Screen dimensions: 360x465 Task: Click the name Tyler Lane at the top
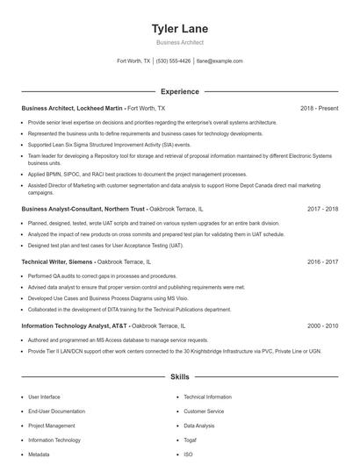(x=179, y=29)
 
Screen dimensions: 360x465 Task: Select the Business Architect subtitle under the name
(x=179, y=42)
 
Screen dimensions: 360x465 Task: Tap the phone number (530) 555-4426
(x=174, y=61)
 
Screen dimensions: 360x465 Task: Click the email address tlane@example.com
(x=220, y=61)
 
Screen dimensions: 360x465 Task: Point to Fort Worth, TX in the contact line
(x=133, y=61)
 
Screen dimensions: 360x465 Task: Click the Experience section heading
(x=179, y=91)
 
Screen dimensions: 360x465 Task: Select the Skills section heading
(x=179, y=377)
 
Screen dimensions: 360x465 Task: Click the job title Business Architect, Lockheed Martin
(x=73, y=108)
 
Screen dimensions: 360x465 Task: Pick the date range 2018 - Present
(x=319, y=108)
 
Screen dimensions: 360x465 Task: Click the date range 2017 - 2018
(x=322, y=210)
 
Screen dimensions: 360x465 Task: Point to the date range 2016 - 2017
(x=322, y=261)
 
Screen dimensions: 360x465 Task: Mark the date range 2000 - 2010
(x=322, y=325)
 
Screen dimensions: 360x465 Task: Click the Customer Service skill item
(x=204, y=411)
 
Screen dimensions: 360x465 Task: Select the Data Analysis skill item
(x=200, y=426)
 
